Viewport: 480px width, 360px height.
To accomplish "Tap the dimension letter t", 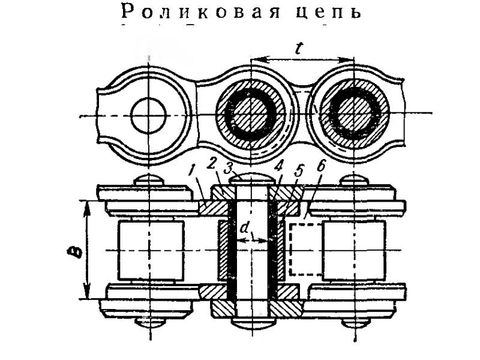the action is coord(299,49).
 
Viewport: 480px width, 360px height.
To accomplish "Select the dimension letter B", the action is coord(76,248).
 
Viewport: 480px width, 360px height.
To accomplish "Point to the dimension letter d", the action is coord(244,228).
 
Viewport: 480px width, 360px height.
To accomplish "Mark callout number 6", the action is coord(320,167).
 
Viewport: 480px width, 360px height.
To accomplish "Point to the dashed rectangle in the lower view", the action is coord(306,249).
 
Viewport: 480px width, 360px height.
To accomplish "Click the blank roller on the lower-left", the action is coord(151,250).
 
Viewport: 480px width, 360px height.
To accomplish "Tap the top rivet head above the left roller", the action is coord(149,179).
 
